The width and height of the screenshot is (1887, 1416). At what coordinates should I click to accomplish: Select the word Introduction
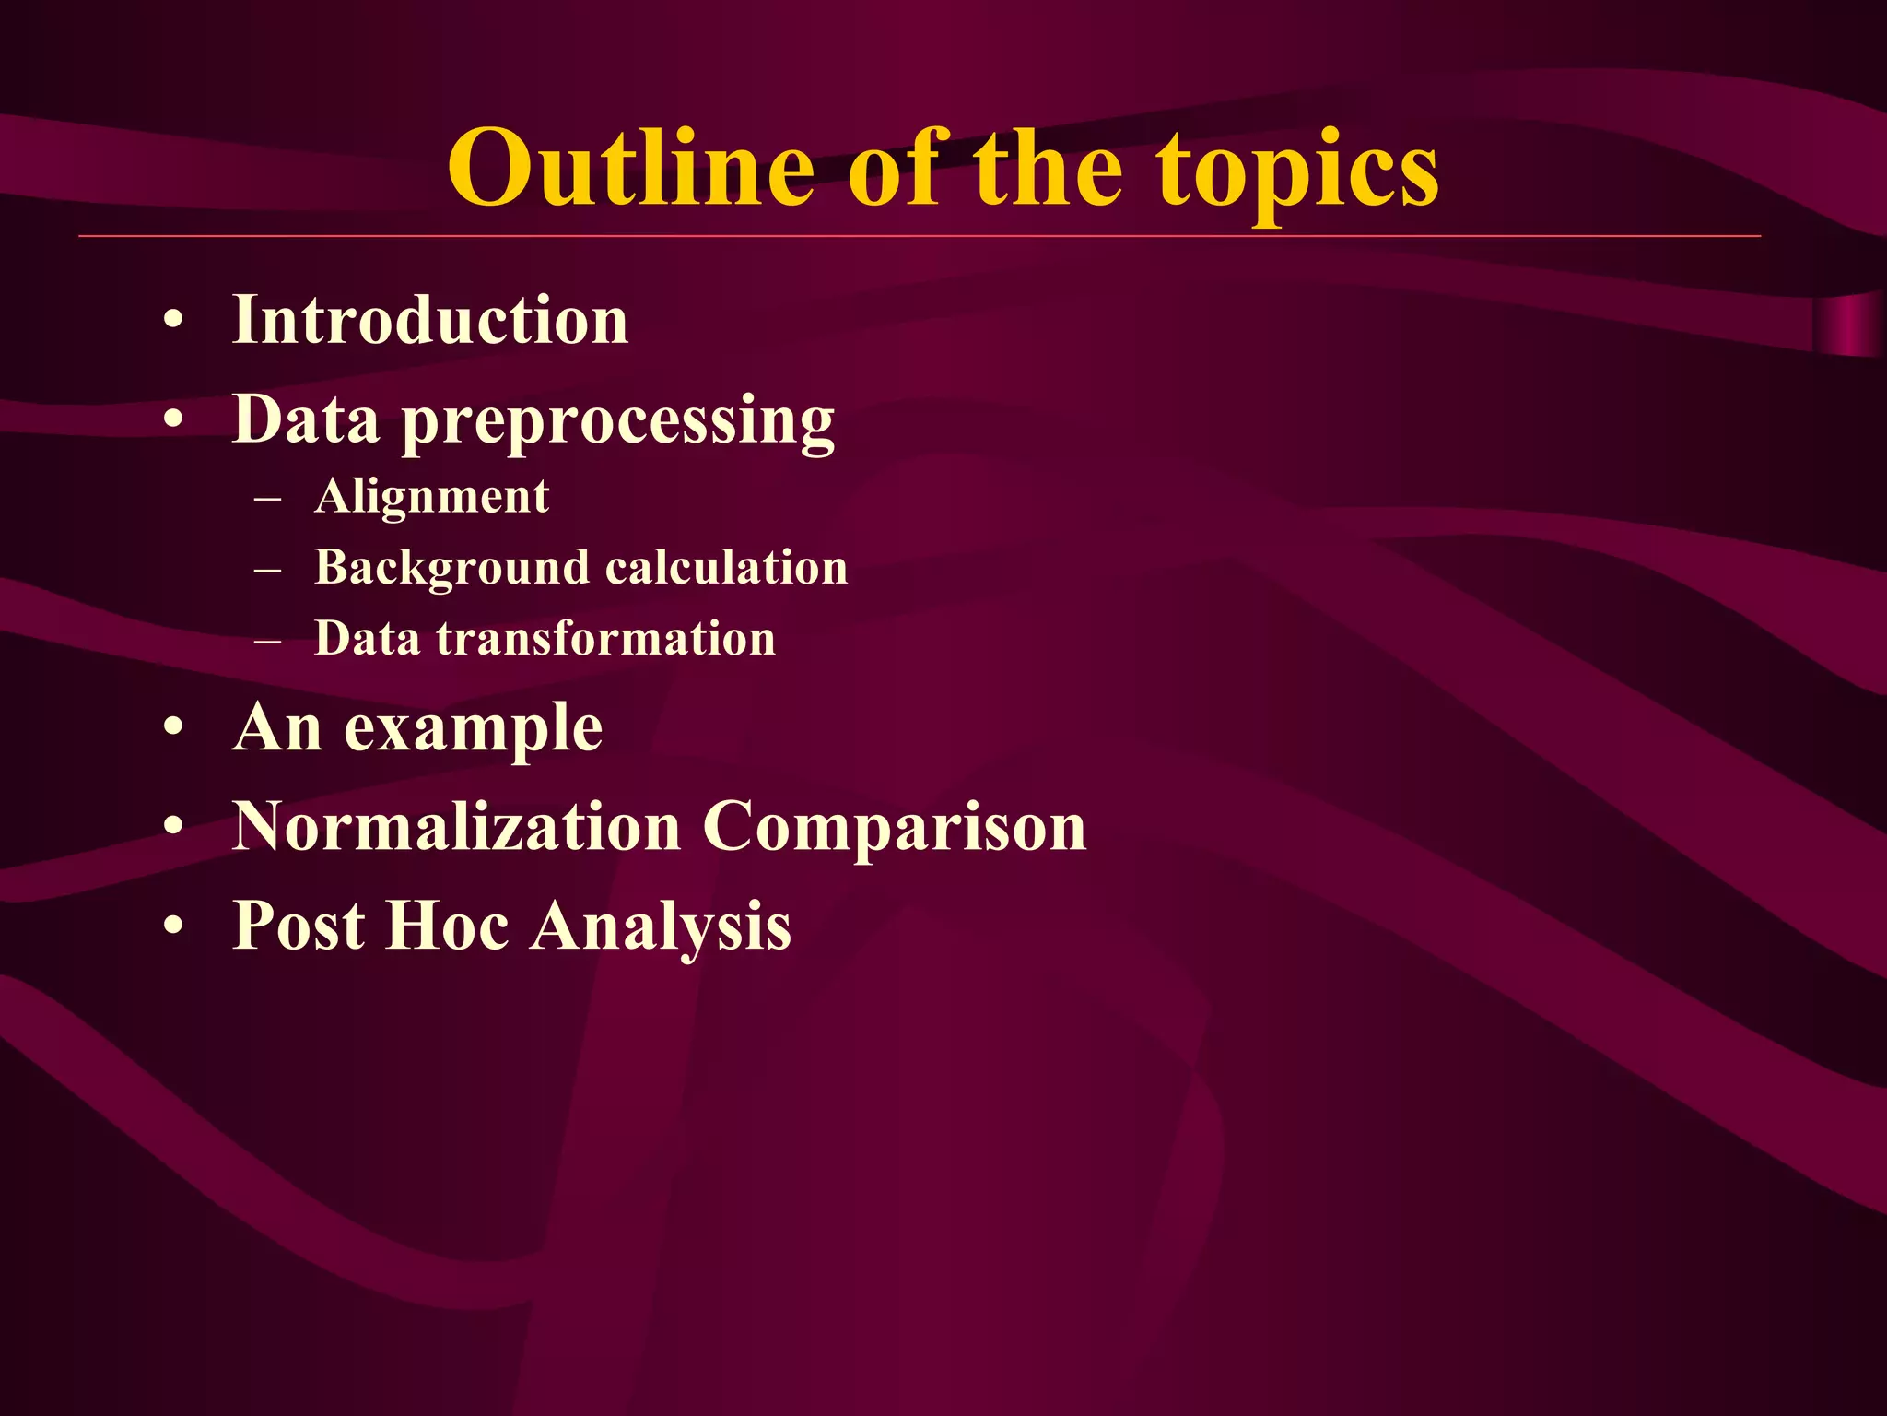click(x=430, y=320)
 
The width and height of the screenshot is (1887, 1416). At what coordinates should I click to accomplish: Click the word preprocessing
click(x=618, y=422)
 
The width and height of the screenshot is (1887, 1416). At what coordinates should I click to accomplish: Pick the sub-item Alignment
click(x=431, y=497)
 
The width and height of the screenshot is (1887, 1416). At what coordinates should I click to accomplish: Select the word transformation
click(x=605, y=638)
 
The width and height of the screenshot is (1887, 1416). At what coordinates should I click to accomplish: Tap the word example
click(x=474, y=730)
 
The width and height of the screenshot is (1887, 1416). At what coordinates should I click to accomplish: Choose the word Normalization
click(x=456, y=826)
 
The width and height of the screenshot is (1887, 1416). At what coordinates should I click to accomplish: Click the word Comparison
click(x=895, y=827)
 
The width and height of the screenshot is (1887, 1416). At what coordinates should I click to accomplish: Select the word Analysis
click(x=661, y=926)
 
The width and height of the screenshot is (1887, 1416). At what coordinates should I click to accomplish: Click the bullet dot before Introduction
click(x=173, y=322)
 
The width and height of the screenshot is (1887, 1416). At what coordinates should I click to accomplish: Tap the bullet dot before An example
click(x=173, y=729)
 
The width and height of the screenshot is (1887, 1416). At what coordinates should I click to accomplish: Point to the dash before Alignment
click(x=267, y=499)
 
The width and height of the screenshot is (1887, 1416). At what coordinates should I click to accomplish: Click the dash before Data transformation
click(x=267, y=640)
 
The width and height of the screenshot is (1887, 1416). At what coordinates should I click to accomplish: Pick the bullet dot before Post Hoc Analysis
click(x=173, y=926)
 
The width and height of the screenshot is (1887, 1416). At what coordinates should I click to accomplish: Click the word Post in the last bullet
click(x=299, y=925)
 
